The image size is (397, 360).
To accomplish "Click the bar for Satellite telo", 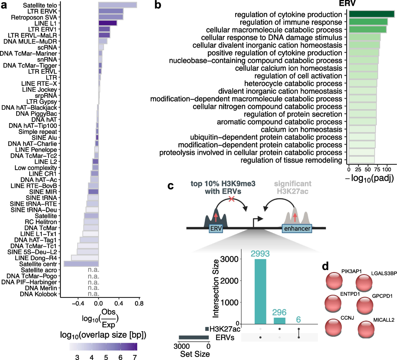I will (x=117, y=5).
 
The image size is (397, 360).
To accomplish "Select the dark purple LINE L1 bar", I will (x=108, y=23).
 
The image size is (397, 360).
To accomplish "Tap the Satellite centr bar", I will (x=81, y=264).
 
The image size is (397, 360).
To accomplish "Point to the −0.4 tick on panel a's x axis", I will (x=78, y=303).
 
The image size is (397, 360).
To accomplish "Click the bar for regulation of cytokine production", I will (x=371, y=14).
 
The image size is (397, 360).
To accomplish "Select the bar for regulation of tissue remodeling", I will (x=362, y=160).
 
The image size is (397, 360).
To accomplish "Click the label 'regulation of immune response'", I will (x=291, y=22).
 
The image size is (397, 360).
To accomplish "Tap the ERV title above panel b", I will (x=347, y=4).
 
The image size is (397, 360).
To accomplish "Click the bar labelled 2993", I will (x=260, y=291).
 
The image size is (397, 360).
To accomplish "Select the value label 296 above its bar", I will (x=279, y=312).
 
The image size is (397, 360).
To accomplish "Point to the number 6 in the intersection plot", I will (x=298, y=319).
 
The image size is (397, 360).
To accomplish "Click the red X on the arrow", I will (x=232, y=199).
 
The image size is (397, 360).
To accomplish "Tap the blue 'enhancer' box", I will (x=297, y=228).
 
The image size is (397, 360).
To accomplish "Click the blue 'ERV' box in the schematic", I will (x=216, y=228).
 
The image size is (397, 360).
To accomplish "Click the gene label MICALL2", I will (x=384, y=320).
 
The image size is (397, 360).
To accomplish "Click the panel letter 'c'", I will (x=171, y=186).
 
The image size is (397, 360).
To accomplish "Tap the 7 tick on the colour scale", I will (x=135, y=357).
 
